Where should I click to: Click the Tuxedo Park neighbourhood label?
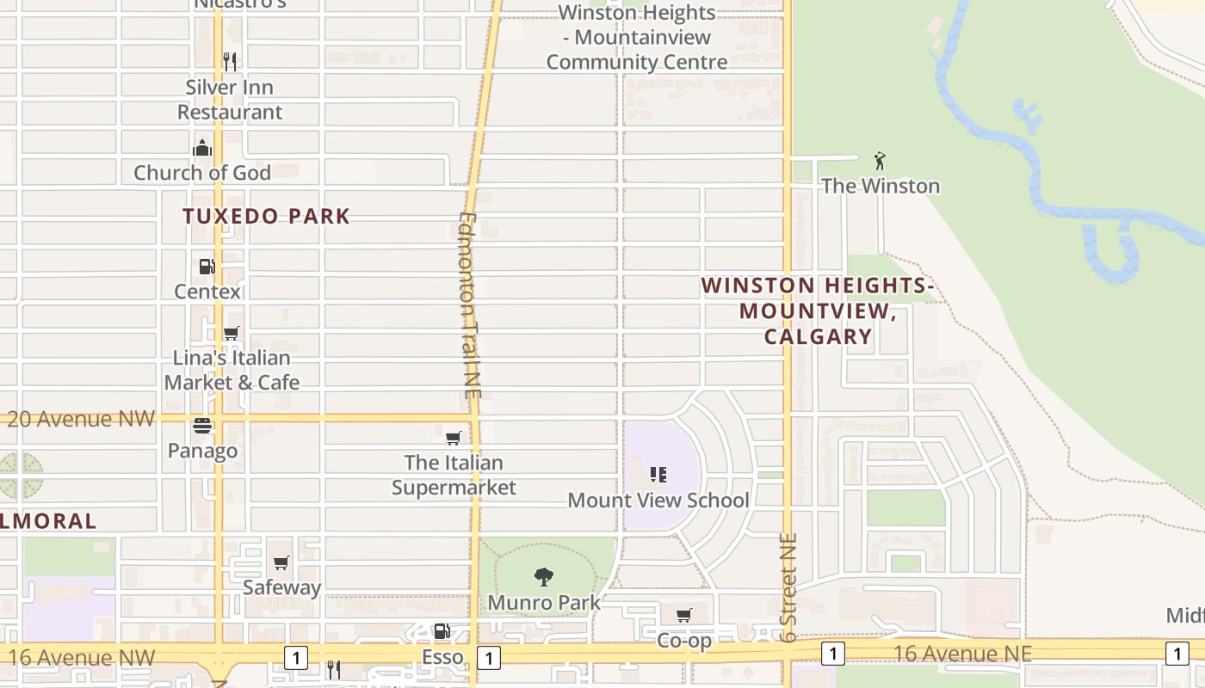[266, 216]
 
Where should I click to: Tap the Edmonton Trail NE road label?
[469, 305]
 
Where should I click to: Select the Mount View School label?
[658, 501]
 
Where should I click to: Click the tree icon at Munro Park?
[543, 577]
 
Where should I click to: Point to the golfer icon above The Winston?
[879, 161]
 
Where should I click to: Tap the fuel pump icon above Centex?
[207, 267]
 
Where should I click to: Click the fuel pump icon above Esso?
[442, 632]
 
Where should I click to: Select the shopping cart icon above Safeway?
[281, 563]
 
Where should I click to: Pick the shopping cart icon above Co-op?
[684, 615]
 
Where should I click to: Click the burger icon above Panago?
[202, 426]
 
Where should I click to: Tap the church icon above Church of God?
[202, 148]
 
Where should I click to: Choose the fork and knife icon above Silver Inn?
[229, 62]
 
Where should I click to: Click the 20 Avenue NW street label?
[82, 419]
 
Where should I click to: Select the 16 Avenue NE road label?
[961, 654]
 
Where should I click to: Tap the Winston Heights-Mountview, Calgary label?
[818, 310]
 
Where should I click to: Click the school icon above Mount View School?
[658, 474]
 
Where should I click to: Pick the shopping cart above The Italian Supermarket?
[454, 438]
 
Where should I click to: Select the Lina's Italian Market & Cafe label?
[232, 370]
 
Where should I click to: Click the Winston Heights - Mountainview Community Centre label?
[637, 38]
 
